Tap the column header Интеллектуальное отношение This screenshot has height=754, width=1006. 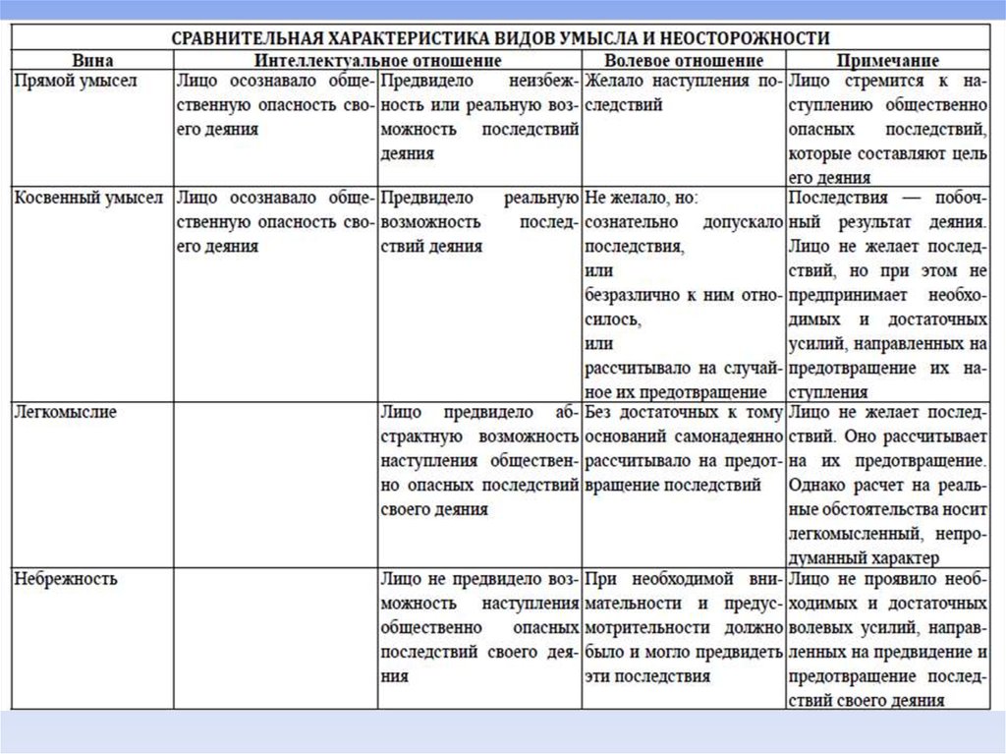tap(377, 61)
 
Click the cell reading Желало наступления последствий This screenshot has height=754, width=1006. tap(683, 93)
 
